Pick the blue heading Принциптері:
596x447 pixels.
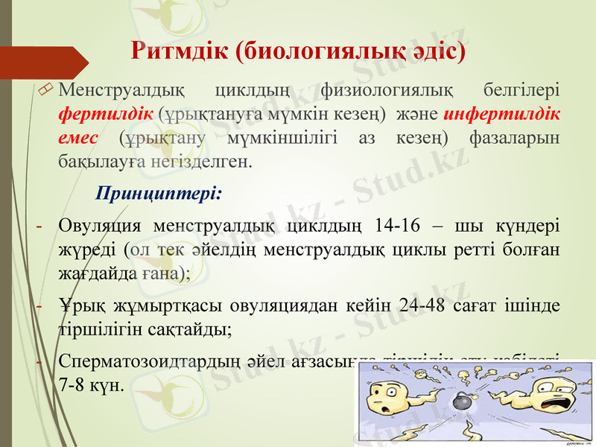pyautogui.click(x=159, y=194)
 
